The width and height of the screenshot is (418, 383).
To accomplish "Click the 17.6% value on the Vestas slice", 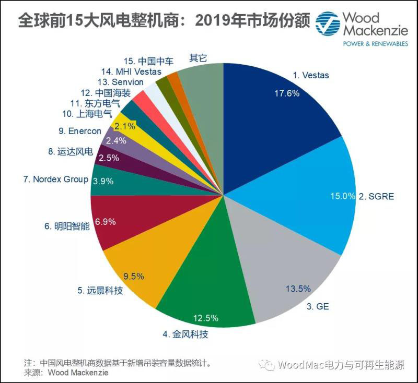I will coord(287,94).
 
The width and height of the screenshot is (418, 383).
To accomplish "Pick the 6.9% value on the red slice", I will coord(105,222).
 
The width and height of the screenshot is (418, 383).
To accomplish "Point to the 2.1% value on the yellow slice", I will coord(124,126).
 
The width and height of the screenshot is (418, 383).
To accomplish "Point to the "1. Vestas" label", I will coord(311,75).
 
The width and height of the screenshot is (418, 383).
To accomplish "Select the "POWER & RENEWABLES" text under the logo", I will coord(375,44).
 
